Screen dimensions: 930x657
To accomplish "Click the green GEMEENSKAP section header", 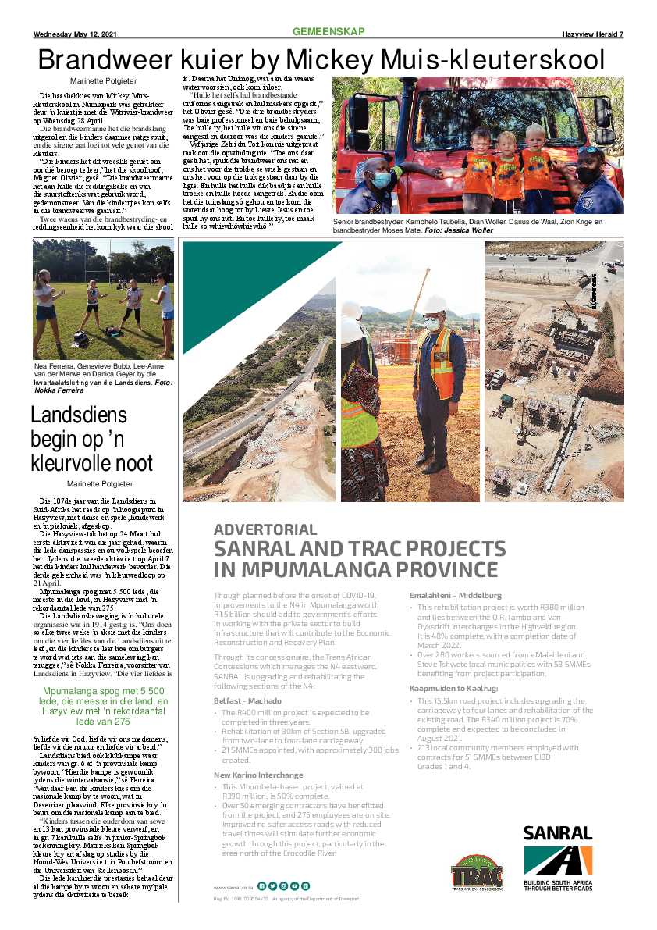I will tap(328, 31).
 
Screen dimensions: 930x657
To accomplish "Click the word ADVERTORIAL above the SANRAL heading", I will tap(265, 529).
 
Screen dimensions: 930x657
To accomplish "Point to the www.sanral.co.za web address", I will tap(233, 886).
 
